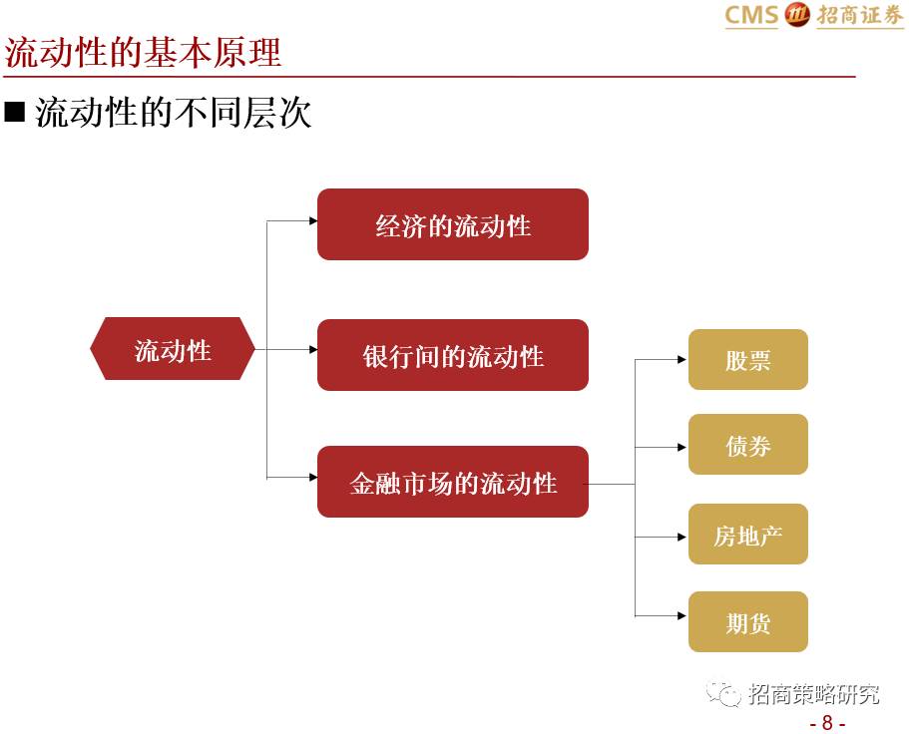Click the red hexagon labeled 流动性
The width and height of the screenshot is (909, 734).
pos(173,349)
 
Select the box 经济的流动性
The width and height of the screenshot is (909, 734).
pos(453,224)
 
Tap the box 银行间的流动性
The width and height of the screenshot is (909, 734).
pos(453,355)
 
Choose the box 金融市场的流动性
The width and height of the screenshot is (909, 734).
pos(453,483)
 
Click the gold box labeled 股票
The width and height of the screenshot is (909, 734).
pos(747,359)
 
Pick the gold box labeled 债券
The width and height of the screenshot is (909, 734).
pos(747,445)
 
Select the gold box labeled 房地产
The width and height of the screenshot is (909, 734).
pos(747,535)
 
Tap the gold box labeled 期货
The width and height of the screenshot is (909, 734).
pos(747,622)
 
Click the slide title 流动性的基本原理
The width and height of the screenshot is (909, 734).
pos(144,52)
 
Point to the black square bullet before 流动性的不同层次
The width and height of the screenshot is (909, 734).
pos(14,112)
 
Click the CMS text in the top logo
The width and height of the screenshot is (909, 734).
pos(750,16)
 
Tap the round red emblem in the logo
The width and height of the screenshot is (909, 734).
pos(797,15)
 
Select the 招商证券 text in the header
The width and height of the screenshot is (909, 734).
pos(859,16)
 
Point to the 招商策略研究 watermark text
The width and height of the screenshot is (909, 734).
pos(814,694)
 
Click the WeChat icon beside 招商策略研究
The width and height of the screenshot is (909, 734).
pos(723,694)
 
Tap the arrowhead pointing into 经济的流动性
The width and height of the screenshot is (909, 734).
pos(312,221)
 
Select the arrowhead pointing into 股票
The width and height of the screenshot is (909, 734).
pos(682,359)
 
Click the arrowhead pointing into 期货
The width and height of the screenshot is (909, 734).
pos(682,616)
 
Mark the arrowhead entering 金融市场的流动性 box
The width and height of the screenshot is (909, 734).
pos(312,477)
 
